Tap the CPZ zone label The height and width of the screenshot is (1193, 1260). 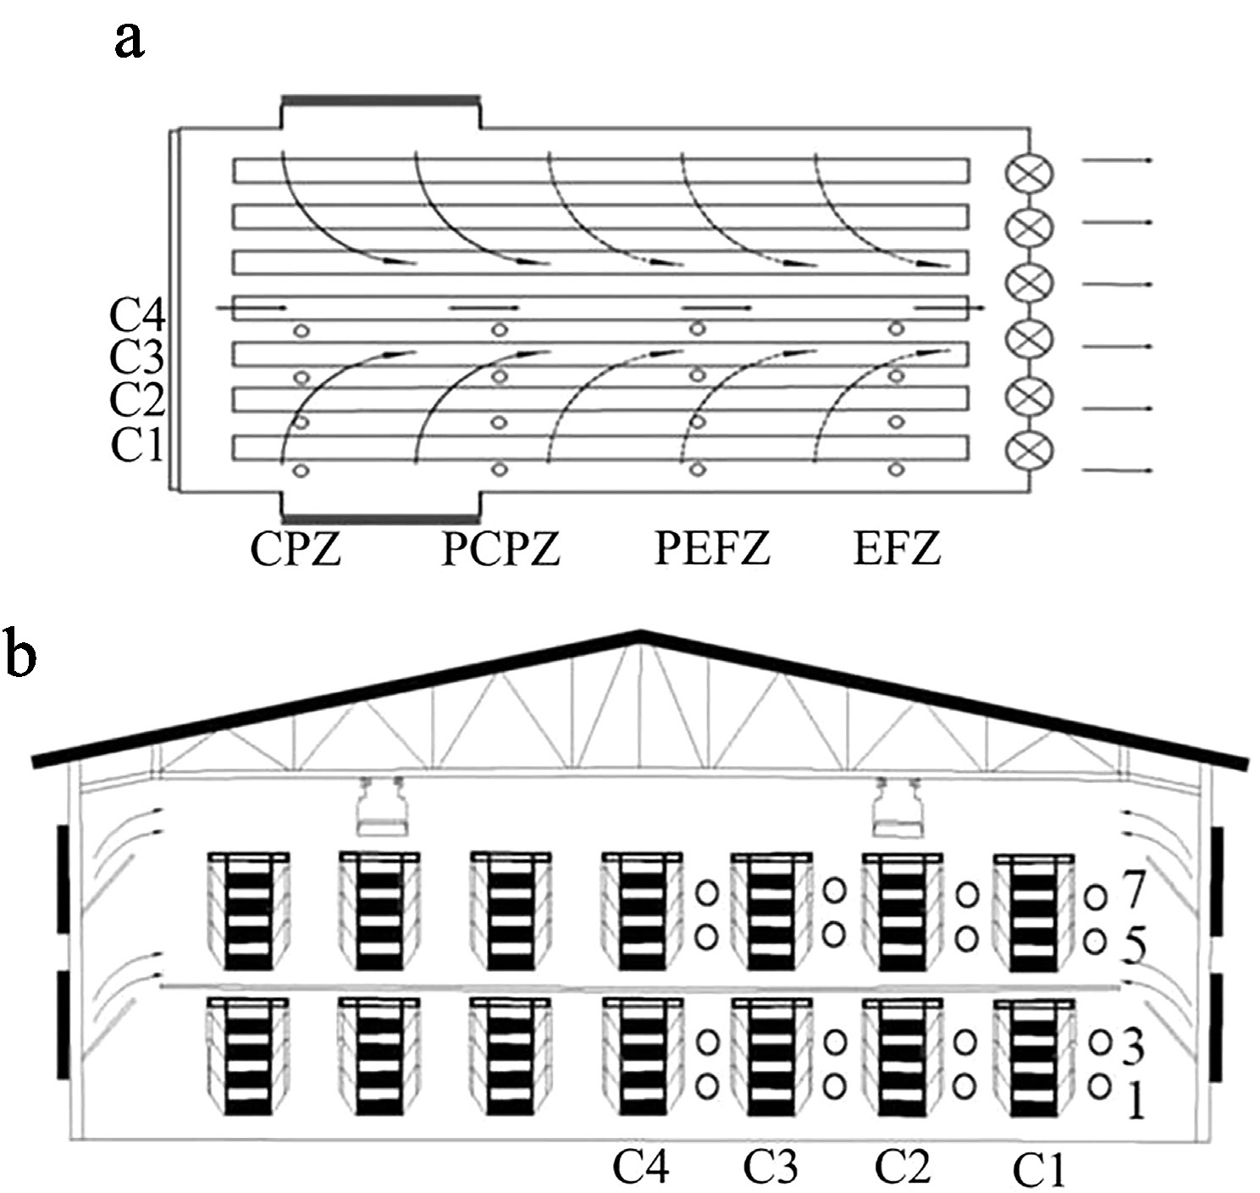[295, 550]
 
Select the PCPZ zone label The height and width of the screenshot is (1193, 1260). [500, 550]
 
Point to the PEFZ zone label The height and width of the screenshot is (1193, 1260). [712, 550]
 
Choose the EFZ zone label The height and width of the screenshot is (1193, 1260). [896, 550]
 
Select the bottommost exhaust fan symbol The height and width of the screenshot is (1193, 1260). [1028, 450]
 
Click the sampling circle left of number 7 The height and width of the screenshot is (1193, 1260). [1096, 895]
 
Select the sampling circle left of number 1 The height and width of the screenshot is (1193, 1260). [1099, 1085]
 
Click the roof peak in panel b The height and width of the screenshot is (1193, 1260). [639, 634]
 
